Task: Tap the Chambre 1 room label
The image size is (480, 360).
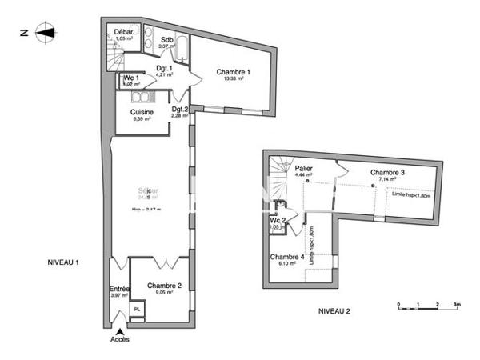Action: tap(234, 73)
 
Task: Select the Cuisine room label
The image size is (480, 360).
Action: tap(142, 112)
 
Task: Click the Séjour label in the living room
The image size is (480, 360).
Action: tap(147, 190)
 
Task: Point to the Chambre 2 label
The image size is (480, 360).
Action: tap(163, 286)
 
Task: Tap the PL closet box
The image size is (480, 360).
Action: tap(137, 308)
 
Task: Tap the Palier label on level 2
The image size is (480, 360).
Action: tap(302, 169)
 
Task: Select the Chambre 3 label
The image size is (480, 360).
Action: tap(386, 172)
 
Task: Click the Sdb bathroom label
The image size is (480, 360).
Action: tap(167, 39)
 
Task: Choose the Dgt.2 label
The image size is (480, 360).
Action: tap(179, 110)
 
